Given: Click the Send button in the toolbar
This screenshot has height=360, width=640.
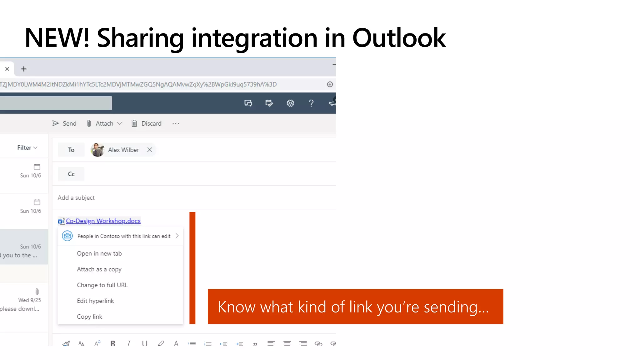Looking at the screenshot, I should (x=64, y=123).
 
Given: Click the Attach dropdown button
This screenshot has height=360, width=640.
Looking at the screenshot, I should (x=104, y=123).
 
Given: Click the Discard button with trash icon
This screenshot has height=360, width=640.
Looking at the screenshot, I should (x=147, y=123).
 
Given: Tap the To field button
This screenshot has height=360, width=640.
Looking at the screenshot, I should (x=71, y=150).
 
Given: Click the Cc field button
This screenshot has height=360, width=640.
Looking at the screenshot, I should (x=71, y=174).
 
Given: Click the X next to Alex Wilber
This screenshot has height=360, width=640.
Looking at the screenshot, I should (x=150, y=150).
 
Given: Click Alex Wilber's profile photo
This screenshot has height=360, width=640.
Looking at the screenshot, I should (x=97, y=150).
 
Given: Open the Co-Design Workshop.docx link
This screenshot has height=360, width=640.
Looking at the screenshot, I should (x=103, y=221).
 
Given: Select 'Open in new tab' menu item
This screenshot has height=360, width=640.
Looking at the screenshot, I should (x=99, y=253).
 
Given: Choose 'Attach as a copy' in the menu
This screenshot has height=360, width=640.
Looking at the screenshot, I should (x=99, y=269).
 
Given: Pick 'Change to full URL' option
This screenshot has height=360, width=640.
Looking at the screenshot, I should (x=102, y=285).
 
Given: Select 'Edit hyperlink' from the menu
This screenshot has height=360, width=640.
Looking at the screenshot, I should (x=95, y=301).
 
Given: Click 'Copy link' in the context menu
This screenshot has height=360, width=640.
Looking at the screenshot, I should (x=89, y=317).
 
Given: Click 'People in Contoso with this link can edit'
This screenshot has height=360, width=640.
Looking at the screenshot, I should (x=124, y=236).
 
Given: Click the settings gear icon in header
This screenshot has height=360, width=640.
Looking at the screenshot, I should (x=290, y=103).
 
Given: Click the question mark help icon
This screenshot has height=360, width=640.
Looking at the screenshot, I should (x=311, y=103).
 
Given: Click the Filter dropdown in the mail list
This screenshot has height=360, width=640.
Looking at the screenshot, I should (x=27, y=147).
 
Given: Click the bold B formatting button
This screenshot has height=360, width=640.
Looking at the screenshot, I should (x=113, y=343).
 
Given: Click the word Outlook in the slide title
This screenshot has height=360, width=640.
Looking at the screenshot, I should (x=399, y=38).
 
